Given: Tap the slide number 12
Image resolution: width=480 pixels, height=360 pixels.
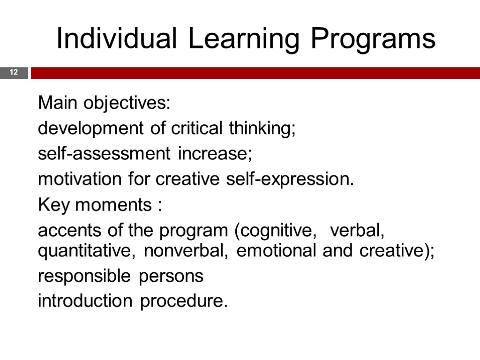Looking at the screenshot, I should pyautogui.click(x=13, y=73).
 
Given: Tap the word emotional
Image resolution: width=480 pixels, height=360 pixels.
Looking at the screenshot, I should pyautogui.click(x=277, y=251).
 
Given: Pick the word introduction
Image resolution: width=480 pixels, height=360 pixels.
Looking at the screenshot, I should pyautogui.click(x=85, y=301).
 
